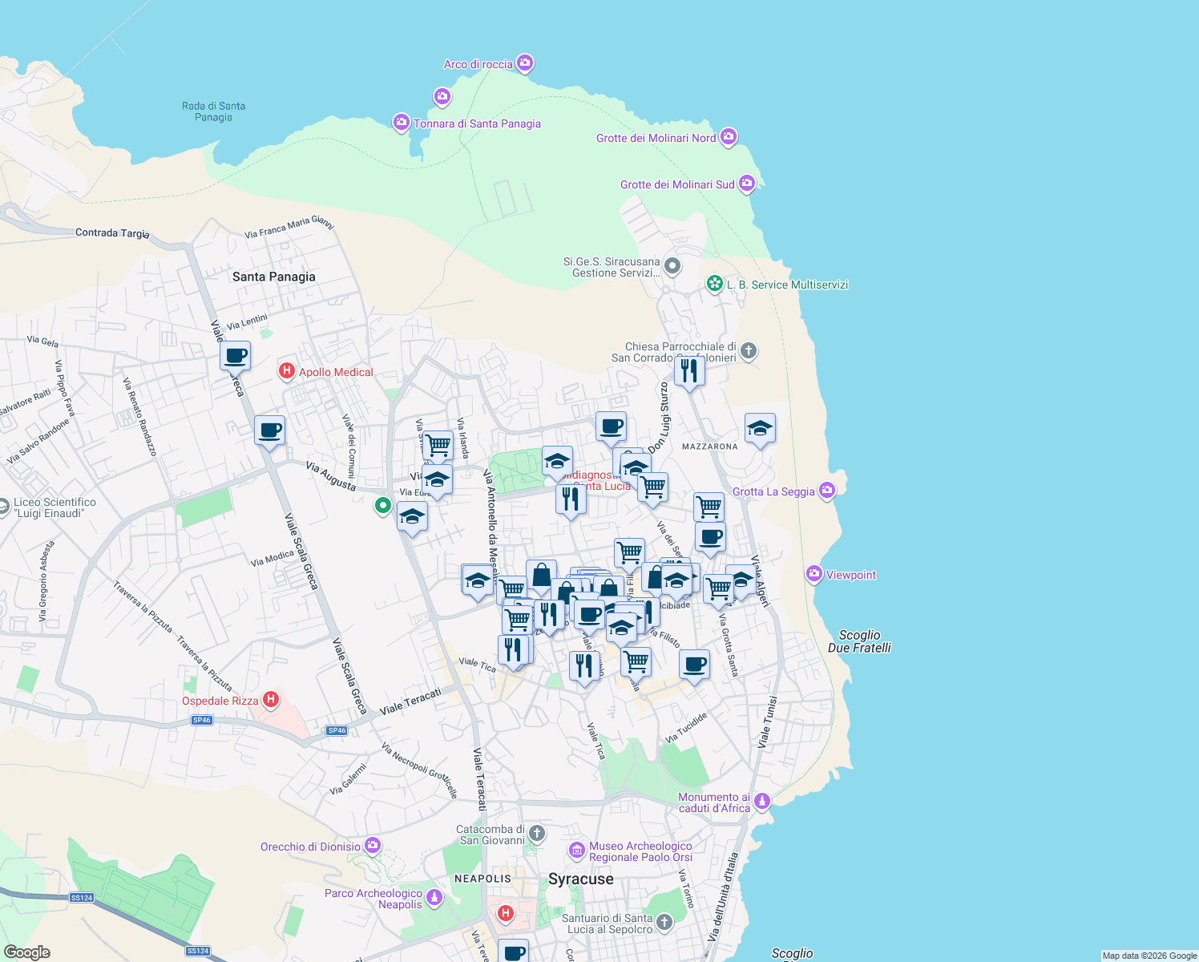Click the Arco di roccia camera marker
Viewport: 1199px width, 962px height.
point(525,63)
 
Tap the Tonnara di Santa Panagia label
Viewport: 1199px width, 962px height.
point(477,123)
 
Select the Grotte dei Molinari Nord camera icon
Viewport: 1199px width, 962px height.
point(728,136)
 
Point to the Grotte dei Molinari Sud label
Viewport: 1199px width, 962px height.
point(677,184)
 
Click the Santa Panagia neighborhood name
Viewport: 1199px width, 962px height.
point(274,277)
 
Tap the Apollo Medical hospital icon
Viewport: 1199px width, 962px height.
point(286,371)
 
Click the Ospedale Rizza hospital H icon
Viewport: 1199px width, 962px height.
point(271,699)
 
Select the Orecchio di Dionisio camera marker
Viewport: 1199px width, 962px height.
point(372,845)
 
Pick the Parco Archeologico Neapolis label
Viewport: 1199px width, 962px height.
point(373,899)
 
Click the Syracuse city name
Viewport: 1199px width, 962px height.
point(581,879)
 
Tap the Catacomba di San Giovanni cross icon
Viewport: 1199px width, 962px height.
point(536,834)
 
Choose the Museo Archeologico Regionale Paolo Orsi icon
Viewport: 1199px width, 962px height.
point(576,850)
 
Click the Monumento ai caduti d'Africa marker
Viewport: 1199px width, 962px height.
point(762,800)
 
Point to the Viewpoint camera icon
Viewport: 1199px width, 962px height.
point(814,573)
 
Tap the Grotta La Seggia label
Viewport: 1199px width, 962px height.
point(773,491)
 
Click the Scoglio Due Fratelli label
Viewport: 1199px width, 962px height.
point(859,641)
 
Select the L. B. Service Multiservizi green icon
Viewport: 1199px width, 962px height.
point(714,284)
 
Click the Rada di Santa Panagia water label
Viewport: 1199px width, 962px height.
point(213,111)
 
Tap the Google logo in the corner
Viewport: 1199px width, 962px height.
point(27,952)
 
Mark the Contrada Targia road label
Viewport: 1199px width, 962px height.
point(112,232)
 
